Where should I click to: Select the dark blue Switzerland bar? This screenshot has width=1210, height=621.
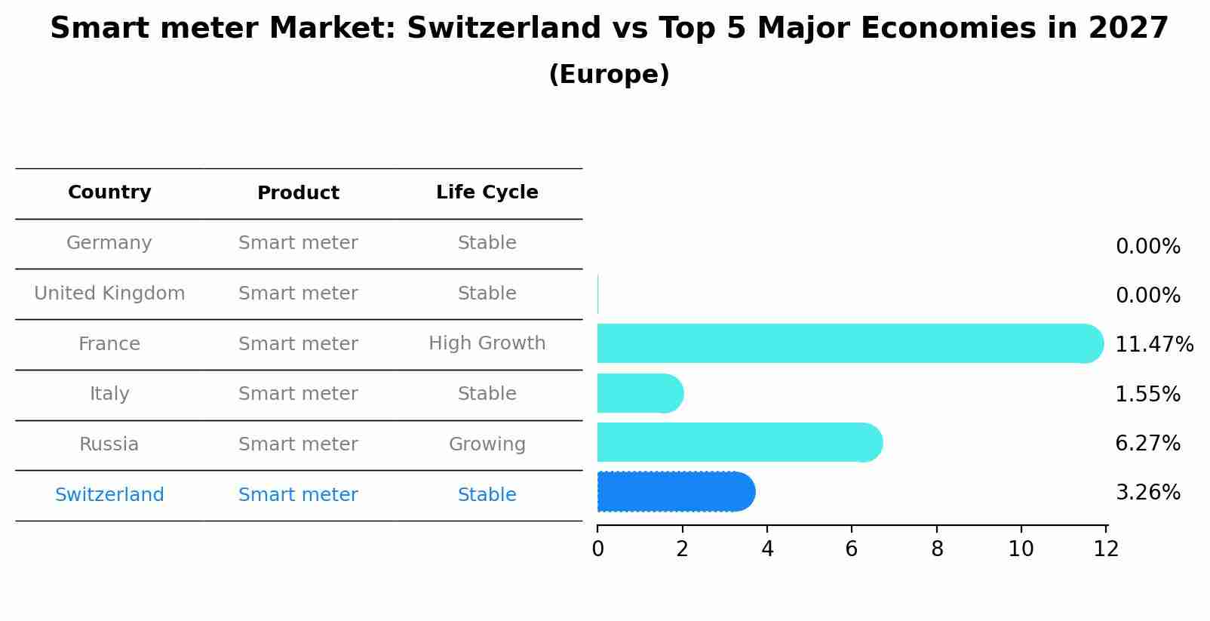point(676,492)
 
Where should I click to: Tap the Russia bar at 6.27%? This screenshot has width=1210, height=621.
point(739,443)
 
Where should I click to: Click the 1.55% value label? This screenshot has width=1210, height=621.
point(1147,394)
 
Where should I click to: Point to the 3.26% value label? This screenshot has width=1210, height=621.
point(1147,493)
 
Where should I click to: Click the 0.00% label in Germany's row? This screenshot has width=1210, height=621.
point(1147,247)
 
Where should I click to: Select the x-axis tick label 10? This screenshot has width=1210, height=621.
point(1021,549)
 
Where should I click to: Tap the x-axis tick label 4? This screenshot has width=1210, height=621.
point(767,549)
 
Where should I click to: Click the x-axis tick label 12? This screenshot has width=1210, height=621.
point(1106,549)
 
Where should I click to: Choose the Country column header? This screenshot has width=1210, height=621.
point(109,192)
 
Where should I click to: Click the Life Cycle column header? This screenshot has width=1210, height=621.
point(487,192)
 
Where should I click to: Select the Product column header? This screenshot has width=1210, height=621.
point(298,193)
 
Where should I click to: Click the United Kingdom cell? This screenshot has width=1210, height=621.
point(109,294)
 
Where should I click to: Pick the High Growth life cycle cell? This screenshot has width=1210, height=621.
point(487,343)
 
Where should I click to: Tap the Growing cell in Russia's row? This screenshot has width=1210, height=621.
point(487,444)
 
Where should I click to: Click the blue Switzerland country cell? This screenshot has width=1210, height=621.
point(109,495)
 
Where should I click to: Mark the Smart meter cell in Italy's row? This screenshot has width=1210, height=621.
point(298,394)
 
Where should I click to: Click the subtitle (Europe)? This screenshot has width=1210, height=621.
point(609,75)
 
